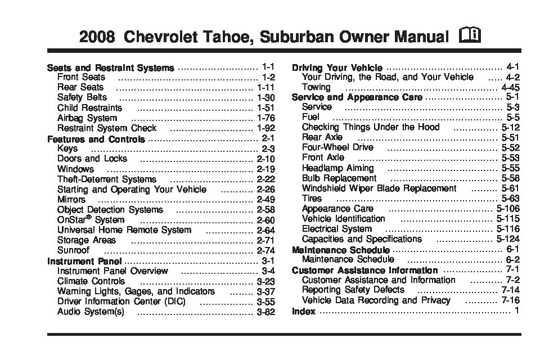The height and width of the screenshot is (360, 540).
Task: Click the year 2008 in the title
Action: pos(98,38)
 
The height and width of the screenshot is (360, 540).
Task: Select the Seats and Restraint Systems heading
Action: pos(111,67)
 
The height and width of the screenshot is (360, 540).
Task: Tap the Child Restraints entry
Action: pos(89,108)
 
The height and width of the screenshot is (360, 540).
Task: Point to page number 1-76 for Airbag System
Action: pos(265,118)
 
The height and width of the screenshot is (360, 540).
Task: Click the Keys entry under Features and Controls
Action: pos(67,148)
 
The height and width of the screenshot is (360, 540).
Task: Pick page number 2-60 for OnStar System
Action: pos(265,220)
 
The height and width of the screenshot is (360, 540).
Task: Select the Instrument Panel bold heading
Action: pos(84,260)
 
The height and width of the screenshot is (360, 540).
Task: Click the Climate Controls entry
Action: pos(91,281)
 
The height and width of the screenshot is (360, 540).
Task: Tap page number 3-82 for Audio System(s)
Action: pos(265,311)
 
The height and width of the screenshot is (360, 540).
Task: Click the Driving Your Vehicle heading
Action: pos(337,67)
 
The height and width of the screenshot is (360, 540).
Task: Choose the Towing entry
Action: pos(316,87)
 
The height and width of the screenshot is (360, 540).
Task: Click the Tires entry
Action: pos(312,199)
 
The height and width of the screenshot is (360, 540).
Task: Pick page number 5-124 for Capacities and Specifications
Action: pos(508,239)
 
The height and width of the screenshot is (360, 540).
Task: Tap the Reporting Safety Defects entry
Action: pos(353,290)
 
